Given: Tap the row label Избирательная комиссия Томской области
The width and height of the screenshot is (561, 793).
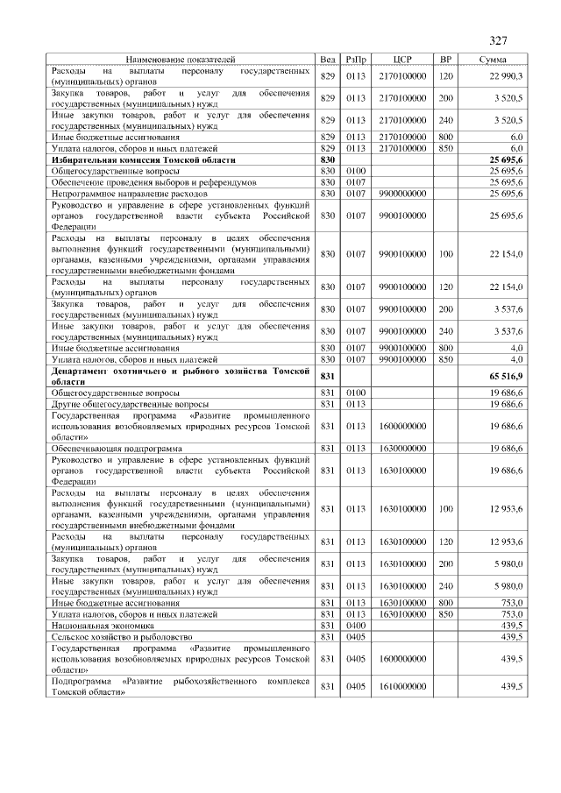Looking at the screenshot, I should click(143, 160).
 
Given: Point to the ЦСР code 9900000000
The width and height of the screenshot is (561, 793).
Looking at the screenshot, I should click(402, 193).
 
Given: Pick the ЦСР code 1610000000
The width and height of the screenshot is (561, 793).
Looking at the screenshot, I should click(402, 686).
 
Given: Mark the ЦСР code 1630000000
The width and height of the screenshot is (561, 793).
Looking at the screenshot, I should click(402, 448).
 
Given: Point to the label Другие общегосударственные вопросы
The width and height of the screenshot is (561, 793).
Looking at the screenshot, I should click(130, 404).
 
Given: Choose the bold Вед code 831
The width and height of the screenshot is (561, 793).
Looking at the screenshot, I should click(328, 376).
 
